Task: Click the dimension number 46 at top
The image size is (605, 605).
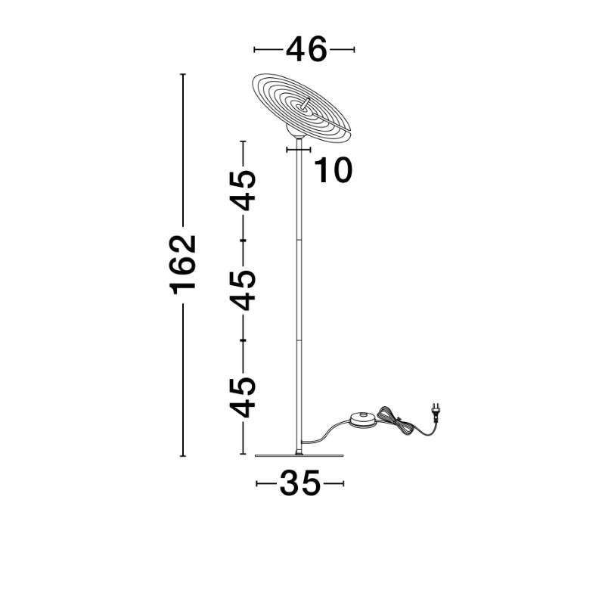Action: tap(306, 49)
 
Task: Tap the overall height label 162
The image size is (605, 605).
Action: tap(183, 265)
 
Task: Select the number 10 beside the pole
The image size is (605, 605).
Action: tap(334, 169)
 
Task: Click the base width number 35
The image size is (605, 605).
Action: tap(299, 482)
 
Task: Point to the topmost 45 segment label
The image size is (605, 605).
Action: tap(243, 191)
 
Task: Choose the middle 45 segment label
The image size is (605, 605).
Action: tap(243, 290)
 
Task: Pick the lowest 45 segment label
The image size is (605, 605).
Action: tap(243, 398)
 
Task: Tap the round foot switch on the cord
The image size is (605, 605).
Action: tap(364, 420)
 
